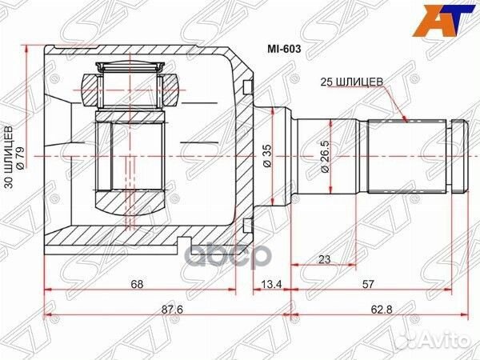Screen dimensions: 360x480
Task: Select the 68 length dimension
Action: coord(139,282)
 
